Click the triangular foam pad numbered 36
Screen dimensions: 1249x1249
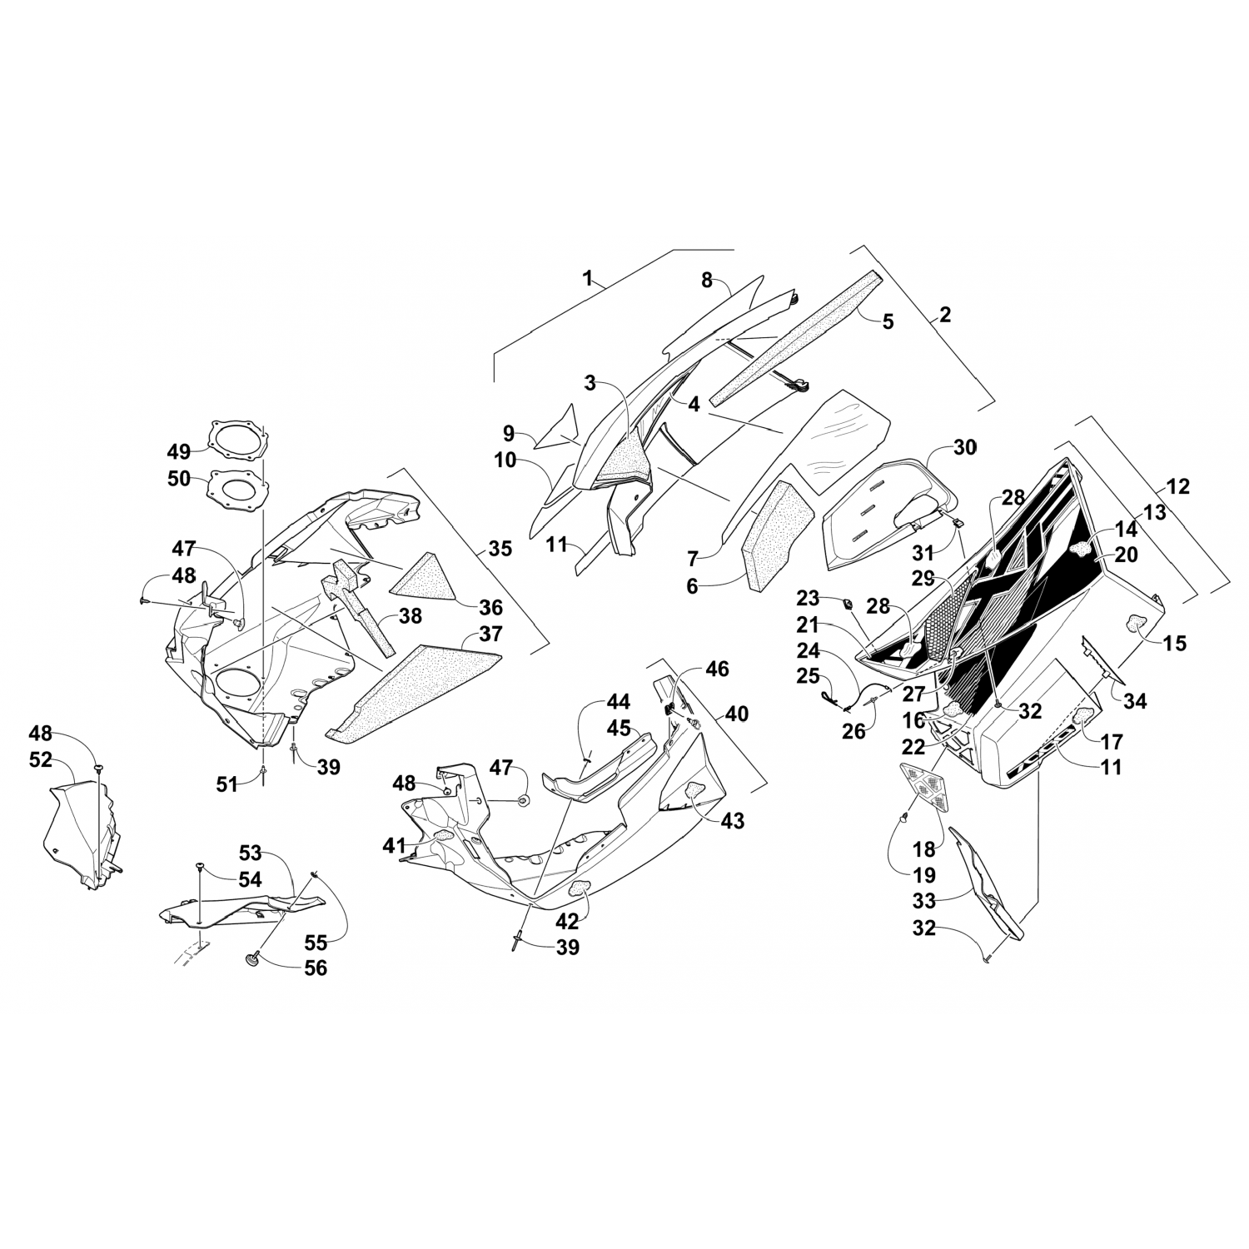(x=426, y=576)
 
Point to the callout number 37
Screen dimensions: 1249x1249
(x=491, y=634)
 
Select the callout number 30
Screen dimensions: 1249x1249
(x=964, y=447)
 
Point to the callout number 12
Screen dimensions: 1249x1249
(x=1178, y=486)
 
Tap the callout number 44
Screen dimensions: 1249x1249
(x=618, y=701)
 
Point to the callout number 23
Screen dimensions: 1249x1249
(x=808, y=598)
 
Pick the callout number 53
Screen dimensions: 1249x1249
(x=251, y=853)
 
